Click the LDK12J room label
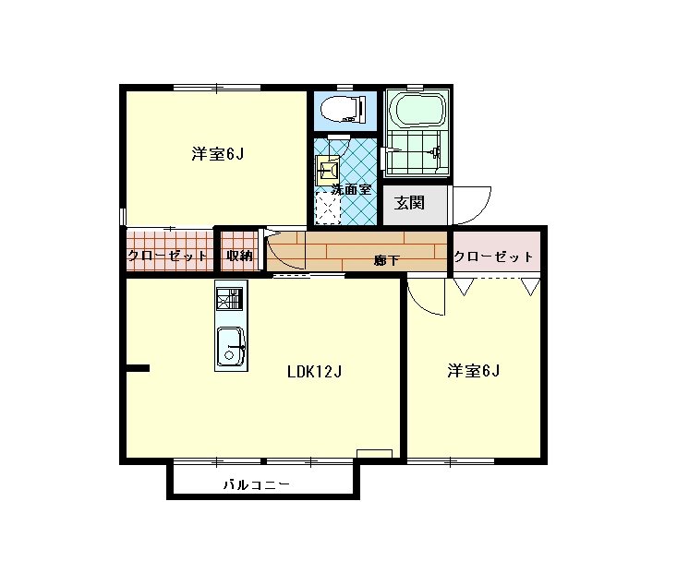coord(314,373)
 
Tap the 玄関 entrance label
coord(409,203)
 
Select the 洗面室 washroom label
coord(351,189)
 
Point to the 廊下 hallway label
coord(387,261)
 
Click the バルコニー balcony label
coord(257,484)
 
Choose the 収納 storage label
coord(240,256)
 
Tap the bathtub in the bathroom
coord(417,111)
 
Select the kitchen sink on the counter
coord(230,349)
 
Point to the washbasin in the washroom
coord(329,168)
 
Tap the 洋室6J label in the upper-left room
coord(217,154)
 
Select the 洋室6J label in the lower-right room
coord(474,371)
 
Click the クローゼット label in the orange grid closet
coord(167,257)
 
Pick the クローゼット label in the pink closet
coord(494,257)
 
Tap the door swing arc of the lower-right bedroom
coord(422,297)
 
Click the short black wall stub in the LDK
coord(137,368)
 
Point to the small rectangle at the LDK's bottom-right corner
coord(374,453)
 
